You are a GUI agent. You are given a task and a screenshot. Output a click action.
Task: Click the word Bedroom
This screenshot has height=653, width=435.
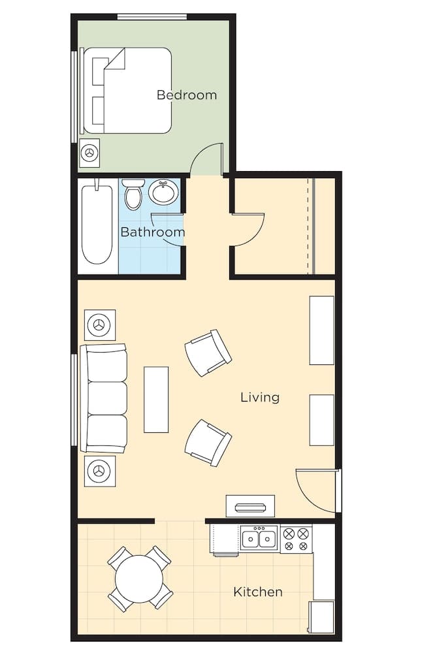(x=187, y=95)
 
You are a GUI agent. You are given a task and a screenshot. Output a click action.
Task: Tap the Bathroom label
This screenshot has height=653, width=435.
(x=152, y=232)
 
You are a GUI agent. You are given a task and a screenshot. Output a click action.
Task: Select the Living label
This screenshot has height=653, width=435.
(x=260, y=397)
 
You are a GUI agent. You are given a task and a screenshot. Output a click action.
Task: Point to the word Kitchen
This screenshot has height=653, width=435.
(x=258, y=592)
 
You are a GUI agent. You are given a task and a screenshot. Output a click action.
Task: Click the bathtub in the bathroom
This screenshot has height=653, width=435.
(x=97, y=224)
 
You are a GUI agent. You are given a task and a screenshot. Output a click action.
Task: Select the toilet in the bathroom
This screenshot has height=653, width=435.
(x=133, y=194)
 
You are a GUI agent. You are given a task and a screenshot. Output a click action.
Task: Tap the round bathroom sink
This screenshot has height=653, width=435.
(x=164, y=193)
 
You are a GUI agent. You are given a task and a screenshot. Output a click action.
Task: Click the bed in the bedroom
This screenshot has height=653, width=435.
(x=127, y=90)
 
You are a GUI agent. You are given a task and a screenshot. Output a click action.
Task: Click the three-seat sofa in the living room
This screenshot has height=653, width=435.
(x=104, y=398)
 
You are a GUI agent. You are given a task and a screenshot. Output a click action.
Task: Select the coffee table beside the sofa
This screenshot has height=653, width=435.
(x=156, y=400)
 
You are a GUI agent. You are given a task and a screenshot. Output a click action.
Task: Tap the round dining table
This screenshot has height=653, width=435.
(x=139, y=578)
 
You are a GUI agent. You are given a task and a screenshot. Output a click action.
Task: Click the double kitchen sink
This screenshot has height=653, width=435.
(x=259, y=537)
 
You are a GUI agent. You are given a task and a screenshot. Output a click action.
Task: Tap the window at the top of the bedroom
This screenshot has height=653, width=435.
(x=152, y=17)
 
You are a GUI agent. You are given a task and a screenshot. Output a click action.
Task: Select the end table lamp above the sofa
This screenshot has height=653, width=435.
(x=100, y=325)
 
